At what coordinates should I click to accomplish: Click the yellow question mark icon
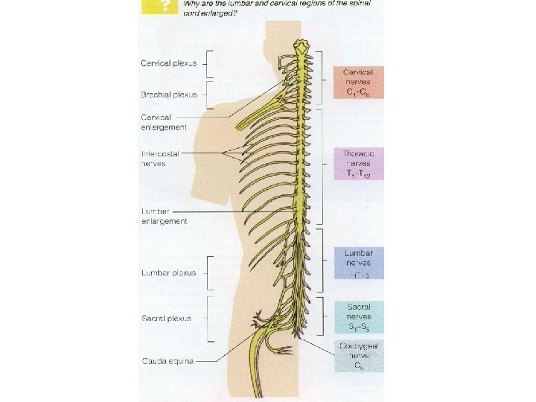[157, 7]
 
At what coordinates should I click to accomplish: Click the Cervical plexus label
[169, 63]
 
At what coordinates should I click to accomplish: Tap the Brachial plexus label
[169, 95]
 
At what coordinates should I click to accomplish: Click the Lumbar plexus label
[169, 272]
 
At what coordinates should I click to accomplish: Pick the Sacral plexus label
[167, 318]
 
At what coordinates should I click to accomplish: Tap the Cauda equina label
[167, 362]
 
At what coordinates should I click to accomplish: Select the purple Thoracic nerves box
[359, 163]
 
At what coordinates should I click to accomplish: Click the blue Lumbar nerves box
[359, 263]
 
